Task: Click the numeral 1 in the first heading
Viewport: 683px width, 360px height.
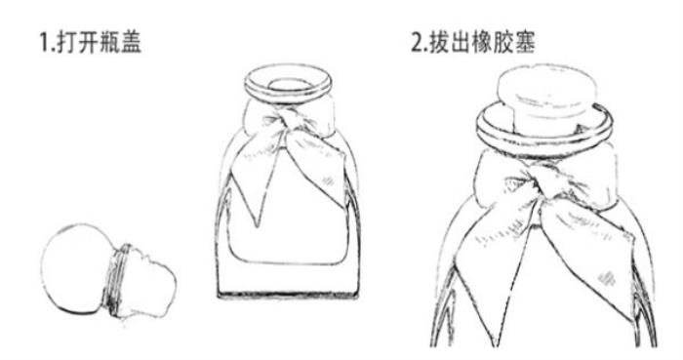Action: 45,43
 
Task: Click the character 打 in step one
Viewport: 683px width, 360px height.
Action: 67,43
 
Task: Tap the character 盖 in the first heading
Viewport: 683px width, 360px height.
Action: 131,43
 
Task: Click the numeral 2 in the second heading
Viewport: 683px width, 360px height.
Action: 418,43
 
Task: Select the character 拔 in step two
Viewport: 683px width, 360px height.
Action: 439,43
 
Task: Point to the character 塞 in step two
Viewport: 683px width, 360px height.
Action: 525,43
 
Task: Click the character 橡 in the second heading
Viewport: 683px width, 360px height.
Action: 482,43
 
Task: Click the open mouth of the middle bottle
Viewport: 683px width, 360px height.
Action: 288,84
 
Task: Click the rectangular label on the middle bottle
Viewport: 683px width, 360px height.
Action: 288,226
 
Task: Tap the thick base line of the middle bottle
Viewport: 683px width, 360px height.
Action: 288,296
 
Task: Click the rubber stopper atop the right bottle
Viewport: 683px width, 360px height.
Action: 546,100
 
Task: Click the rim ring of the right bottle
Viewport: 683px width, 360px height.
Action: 544,131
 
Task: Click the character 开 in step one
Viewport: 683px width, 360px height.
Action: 89,43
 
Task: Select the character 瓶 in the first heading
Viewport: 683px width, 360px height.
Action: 109,43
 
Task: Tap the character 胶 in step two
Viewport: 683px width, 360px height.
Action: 503,43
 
